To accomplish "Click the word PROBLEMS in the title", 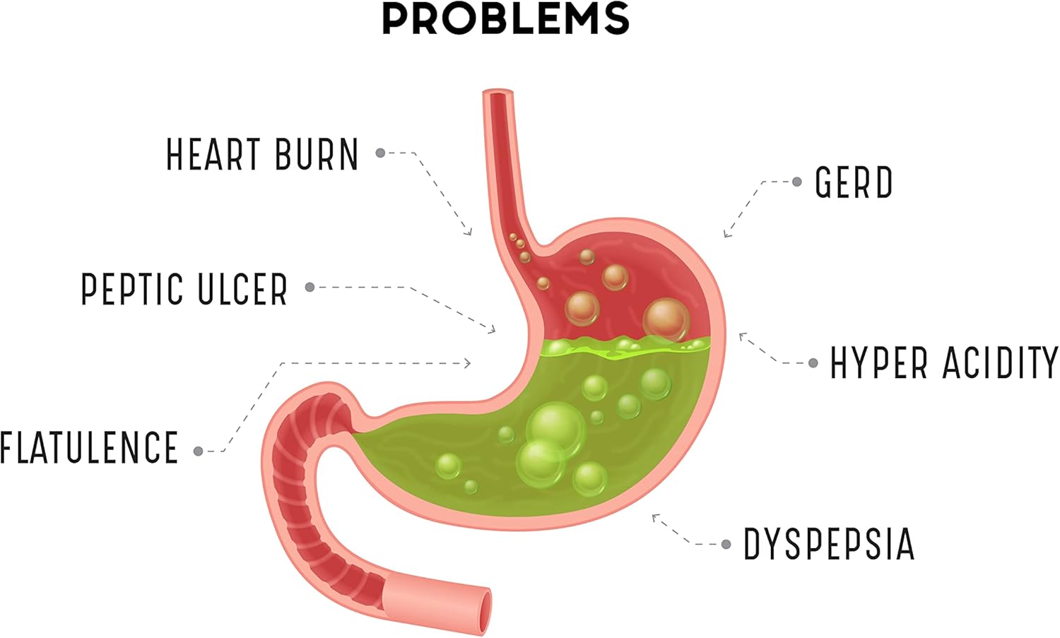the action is click(x=505, y=18).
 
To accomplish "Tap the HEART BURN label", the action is click(x=262, y=155).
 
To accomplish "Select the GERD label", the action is click(x=854, y=182).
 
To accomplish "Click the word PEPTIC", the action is click(x=132, y=289).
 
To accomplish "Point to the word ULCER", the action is click(x=242, y=289).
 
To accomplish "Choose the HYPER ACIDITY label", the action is click(x=944, y=363).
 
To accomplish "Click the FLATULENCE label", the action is click(x=89, y=448).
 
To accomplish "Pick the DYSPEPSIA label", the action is click(x=829, y=544).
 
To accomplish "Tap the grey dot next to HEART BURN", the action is click(x=380, y=153).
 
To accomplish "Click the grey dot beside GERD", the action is click(x=797, y=182).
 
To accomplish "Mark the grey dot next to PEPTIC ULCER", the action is click(x=310, y=287).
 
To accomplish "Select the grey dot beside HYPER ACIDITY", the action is click(x=813, y=363).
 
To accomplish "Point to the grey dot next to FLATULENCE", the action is click(x=199, y=451).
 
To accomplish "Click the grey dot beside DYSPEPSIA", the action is click(x=726, y=544).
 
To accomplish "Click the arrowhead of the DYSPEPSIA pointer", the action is click(x=654, y=517).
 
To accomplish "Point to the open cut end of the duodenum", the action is click(x=484, y=610).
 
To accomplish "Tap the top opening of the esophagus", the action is click(x=498, y=93).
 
